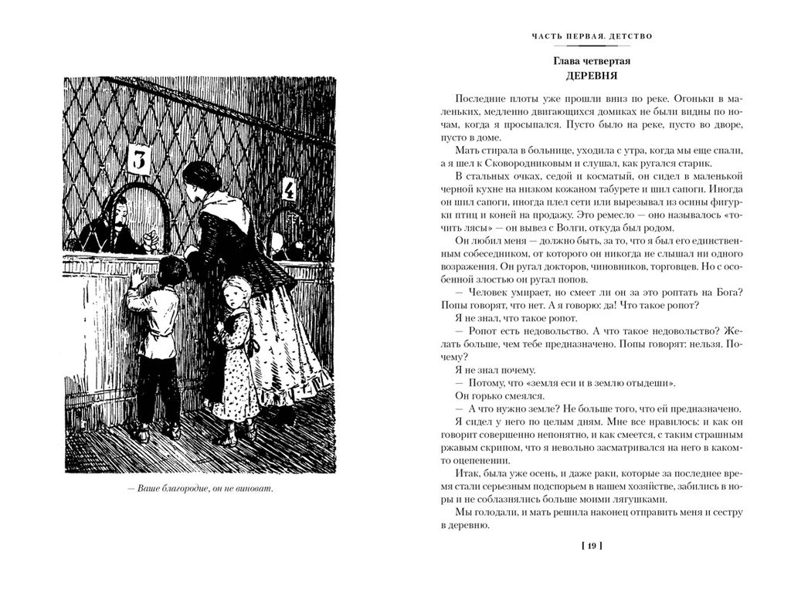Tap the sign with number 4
[289, 190]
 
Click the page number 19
[591, 547]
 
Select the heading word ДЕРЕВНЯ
[592, 76]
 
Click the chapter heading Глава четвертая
[592, 61]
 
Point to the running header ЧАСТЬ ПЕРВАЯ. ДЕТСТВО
[592, 36]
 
